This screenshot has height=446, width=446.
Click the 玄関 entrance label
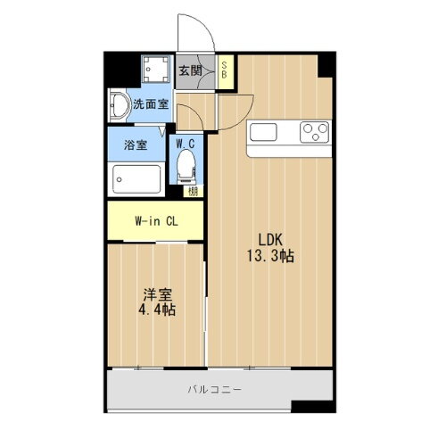coord(188,71)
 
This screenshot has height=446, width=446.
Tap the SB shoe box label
coord(227,70)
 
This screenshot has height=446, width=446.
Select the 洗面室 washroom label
coord(151,103)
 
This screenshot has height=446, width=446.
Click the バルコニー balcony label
coord(214,389)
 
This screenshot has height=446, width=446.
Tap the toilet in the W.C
coord(186,166)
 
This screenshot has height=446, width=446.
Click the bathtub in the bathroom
coord(136,178)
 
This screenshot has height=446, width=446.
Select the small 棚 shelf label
coord(192,190)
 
